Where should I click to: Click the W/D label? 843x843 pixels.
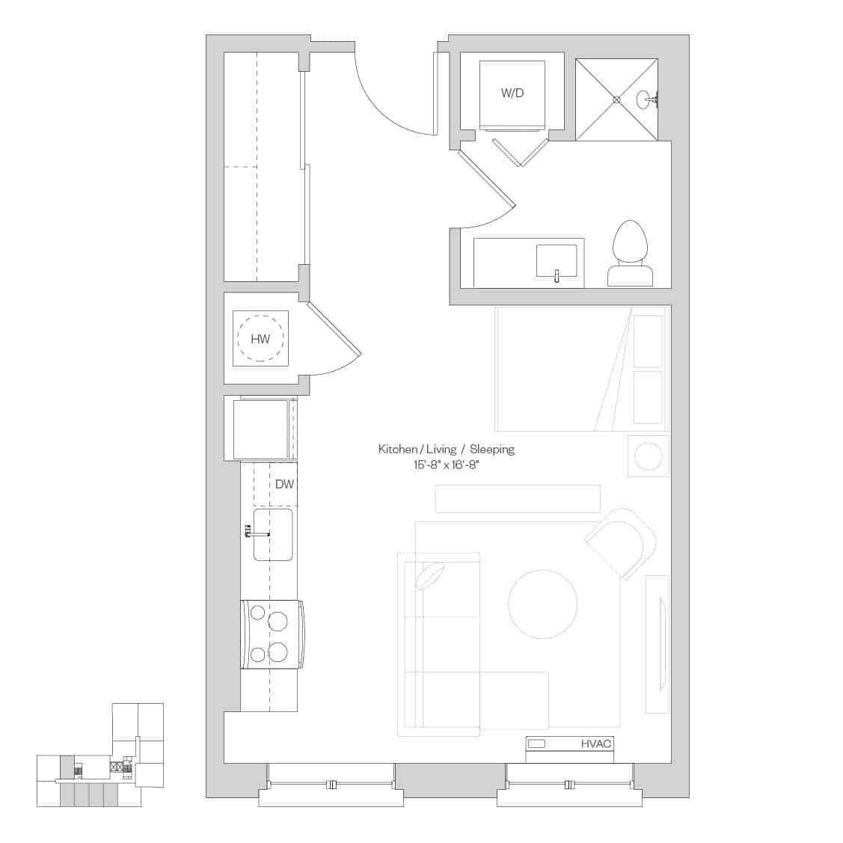tap(512, 93)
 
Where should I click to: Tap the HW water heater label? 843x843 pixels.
tap(260, 339)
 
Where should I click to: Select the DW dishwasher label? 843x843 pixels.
tap(284, 484)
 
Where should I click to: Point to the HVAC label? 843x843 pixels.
tap(596, 744)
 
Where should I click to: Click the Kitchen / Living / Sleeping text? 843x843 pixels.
tap(447, 450)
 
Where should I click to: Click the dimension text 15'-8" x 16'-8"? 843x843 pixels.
tap(447, 465)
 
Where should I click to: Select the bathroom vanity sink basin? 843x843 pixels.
tap(557, 261)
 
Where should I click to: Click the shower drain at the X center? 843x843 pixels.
tap(617, 99)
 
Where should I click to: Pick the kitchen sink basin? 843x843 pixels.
tap(272, 534)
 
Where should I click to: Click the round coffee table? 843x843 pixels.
tap(543, 604)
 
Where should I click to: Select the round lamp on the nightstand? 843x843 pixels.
tap(648, 456)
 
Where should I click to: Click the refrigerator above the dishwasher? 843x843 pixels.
tap(261, 429)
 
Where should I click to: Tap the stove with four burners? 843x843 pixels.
tap(271, 634)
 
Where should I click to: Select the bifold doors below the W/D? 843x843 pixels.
tap(518, 152)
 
